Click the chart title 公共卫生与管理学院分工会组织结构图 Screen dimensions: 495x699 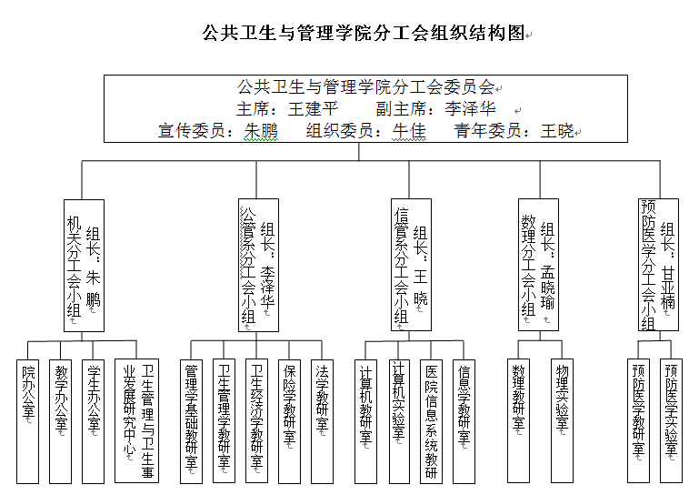(x=364, y=35)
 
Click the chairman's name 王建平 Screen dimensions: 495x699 (x=313, y=109)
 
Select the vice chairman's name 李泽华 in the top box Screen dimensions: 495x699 (x=470, y=109)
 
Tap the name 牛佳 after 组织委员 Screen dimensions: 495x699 (x=409, y=130)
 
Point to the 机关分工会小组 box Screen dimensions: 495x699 (x=84, y=265)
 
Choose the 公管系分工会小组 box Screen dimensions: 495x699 (x=258, y=265)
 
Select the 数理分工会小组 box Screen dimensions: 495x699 (x=538, y=265)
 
